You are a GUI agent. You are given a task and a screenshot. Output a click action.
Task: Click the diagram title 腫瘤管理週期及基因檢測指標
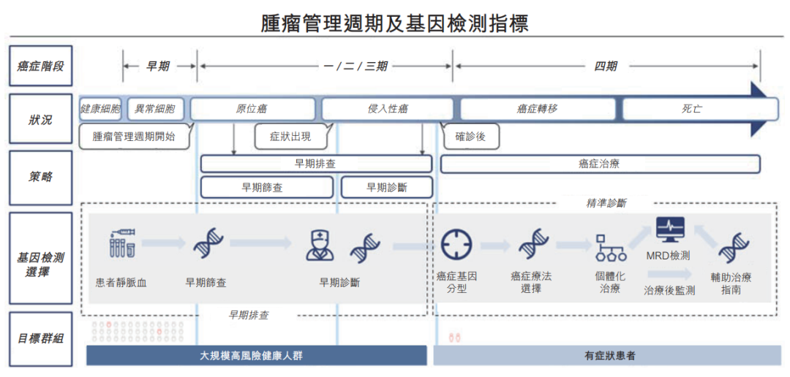[395, 23]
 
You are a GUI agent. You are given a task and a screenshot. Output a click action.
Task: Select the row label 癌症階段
[40, 66]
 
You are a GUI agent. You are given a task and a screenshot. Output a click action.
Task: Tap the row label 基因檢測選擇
[40, 264]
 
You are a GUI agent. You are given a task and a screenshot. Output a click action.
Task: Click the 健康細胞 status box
[101, 109]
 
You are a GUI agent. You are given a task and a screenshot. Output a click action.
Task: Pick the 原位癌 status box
[252, 109]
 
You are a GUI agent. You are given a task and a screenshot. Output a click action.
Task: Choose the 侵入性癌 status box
[388, 109]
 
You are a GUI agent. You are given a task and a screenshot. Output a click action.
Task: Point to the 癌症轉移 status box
[538, 109]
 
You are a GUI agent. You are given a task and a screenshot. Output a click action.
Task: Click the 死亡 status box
[692, 109]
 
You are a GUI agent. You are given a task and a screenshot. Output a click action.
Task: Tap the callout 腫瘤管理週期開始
[135, 136]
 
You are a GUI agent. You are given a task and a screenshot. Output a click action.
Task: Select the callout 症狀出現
[291, 136]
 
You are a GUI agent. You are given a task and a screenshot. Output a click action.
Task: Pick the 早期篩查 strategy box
[263, 187]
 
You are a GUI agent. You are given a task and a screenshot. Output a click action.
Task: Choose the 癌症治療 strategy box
[599, 164]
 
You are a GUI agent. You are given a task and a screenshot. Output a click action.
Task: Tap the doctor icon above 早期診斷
[319, 245]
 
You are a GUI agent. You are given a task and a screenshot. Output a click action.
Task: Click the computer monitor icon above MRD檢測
[669, 229]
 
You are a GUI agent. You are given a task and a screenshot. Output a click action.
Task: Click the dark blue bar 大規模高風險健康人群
[256, 356]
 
